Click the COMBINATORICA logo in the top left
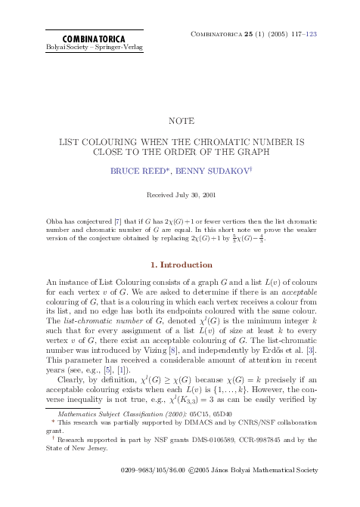click(x=73, y=38)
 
